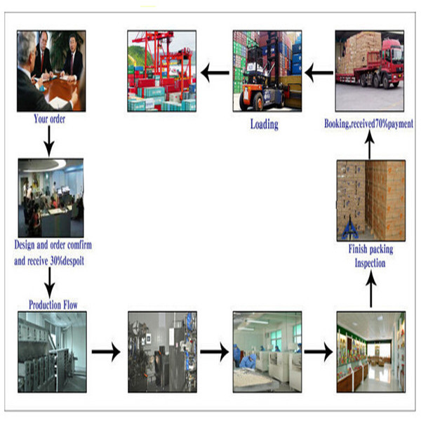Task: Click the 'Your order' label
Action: click(50, 119)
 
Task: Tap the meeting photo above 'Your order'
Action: click(51, 70)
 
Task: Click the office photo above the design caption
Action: click(51, 198)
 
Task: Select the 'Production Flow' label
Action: click(53, 305)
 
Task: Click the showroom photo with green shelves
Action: click(370, 352)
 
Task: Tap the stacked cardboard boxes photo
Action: click(370, 201)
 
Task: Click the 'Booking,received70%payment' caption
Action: click(369, 124)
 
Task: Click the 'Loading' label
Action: click(265, 125)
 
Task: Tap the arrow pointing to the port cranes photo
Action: click(215, 69)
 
